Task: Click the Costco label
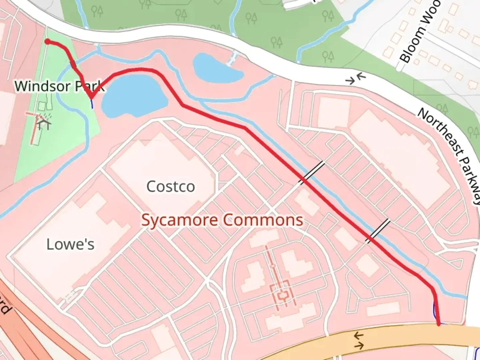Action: (171, 186)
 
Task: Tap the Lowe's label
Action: (70, 244)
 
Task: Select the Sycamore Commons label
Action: (222, 220)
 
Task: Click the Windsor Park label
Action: (59, 86)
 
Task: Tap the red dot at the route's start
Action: (48, 42)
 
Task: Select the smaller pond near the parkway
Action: (217, 68)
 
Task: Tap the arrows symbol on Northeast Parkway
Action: (356, 79)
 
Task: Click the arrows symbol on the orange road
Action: (359, 341)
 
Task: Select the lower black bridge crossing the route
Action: (378, 231)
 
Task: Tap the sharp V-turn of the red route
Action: (91, 98)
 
